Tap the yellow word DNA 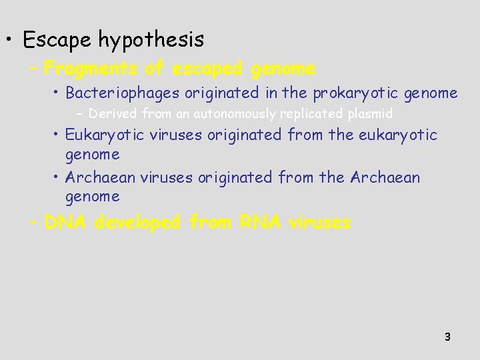click(66, 223)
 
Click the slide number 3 click(447, 337)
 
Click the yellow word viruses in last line click(319, 223)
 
